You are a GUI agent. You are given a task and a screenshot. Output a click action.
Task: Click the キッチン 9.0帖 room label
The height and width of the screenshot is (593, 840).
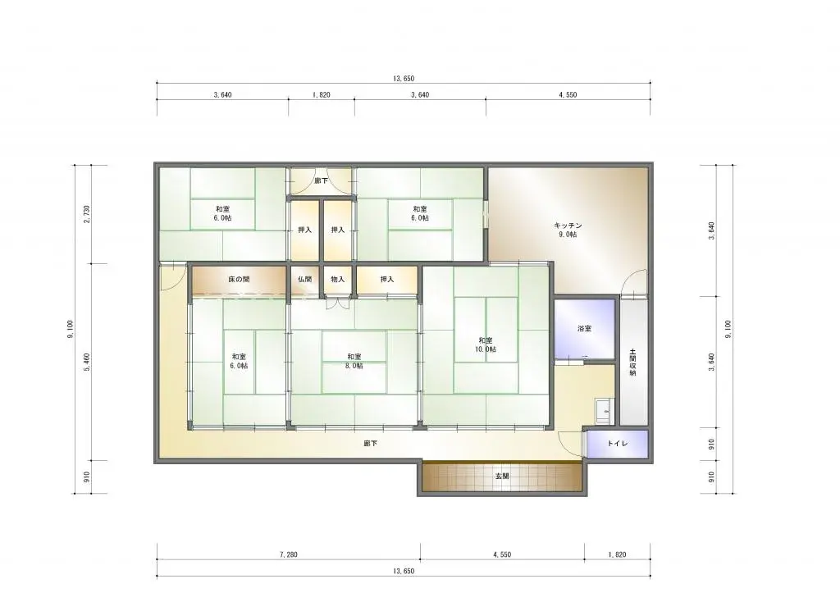[x=568, y=230]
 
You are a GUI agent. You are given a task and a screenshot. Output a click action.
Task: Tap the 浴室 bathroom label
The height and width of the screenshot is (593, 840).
[x=584, y=328]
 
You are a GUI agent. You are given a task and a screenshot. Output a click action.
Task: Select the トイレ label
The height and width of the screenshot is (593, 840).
[x=618, y=444]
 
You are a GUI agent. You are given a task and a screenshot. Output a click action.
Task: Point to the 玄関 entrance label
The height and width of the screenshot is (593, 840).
[x=502, y=476]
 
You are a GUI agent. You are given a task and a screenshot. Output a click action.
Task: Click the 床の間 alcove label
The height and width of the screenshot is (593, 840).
[x=239, y=279]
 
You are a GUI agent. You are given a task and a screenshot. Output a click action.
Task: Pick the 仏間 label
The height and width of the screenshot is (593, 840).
[x=305, y=279]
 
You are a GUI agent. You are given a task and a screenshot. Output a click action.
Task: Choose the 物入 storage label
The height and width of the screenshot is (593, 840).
[x=337, y=279]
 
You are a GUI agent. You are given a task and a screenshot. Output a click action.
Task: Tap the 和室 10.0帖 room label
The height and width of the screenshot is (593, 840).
[x=486, y=344]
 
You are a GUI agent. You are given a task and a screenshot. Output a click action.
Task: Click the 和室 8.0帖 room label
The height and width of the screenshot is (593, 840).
[x=354, y=361]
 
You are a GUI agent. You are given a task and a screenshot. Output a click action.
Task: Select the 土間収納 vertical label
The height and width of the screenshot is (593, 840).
[x=632, y=363]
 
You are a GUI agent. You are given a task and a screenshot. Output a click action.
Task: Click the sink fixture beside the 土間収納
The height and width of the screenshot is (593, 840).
[x=605, y=412]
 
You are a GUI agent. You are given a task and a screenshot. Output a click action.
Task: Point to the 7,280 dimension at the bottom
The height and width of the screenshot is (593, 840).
[x=288, y=554]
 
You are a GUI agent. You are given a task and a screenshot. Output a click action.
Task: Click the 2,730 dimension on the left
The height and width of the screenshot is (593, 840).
[x=87, y=214]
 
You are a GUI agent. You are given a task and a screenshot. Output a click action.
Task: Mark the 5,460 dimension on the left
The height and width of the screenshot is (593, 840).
[x=87, y=363]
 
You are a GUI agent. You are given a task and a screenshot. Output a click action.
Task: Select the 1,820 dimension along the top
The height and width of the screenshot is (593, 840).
[x=322, y=95]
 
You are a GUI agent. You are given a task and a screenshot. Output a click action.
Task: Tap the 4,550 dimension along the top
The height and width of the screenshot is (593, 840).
[x=568, y=95]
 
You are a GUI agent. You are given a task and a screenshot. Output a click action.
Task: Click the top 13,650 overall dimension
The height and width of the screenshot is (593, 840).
[x=404, y=78]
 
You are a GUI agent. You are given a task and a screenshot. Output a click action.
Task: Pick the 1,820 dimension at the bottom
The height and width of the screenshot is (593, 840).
[x=617, y=554]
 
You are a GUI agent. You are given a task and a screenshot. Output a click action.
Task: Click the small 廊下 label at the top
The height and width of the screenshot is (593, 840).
[x=322, y=181]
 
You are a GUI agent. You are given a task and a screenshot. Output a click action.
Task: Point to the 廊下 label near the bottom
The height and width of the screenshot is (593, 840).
[x=370, y=444]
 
